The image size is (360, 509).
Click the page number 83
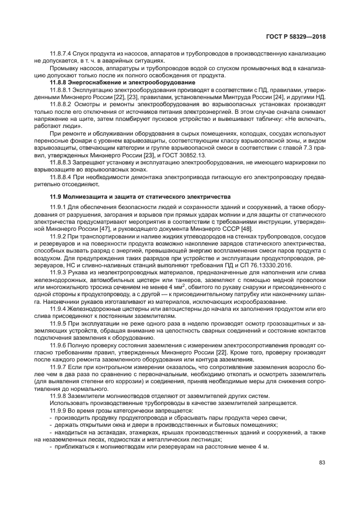pyautogui.click(x=322, y=463)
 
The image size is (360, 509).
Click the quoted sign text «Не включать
pyautogui.click(x=306, y=118)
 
